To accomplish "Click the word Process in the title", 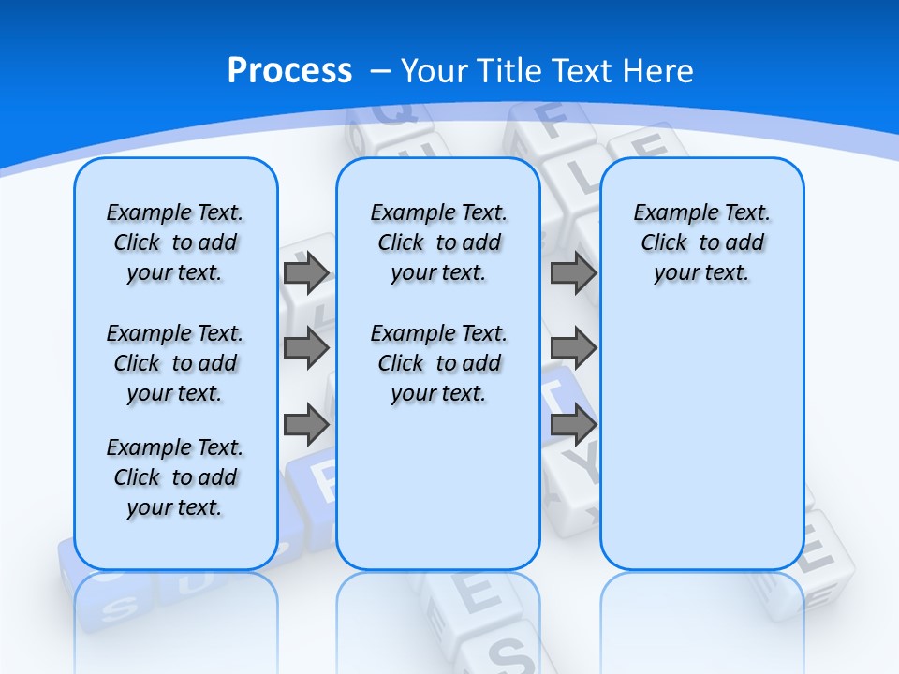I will [289, 71].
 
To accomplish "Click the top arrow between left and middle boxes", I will [306, 273].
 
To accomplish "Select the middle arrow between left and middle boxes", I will [306, 348].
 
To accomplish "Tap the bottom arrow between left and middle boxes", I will [306, 424].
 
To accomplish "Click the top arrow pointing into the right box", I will [573, 273].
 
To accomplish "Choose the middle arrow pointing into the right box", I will [573, 348].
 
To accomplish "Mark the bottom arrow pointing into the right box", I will [573, 424].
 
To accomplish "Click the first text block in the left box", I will [175, 242].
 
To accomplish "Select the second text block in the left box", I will [175, 363].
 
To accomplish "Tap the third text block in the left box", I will [175, 477].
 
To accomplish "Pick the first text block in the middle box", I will [438, 242].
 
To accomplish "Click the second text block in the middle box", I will [438, 363].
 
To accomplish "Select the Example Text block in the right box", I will [701, 242].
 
